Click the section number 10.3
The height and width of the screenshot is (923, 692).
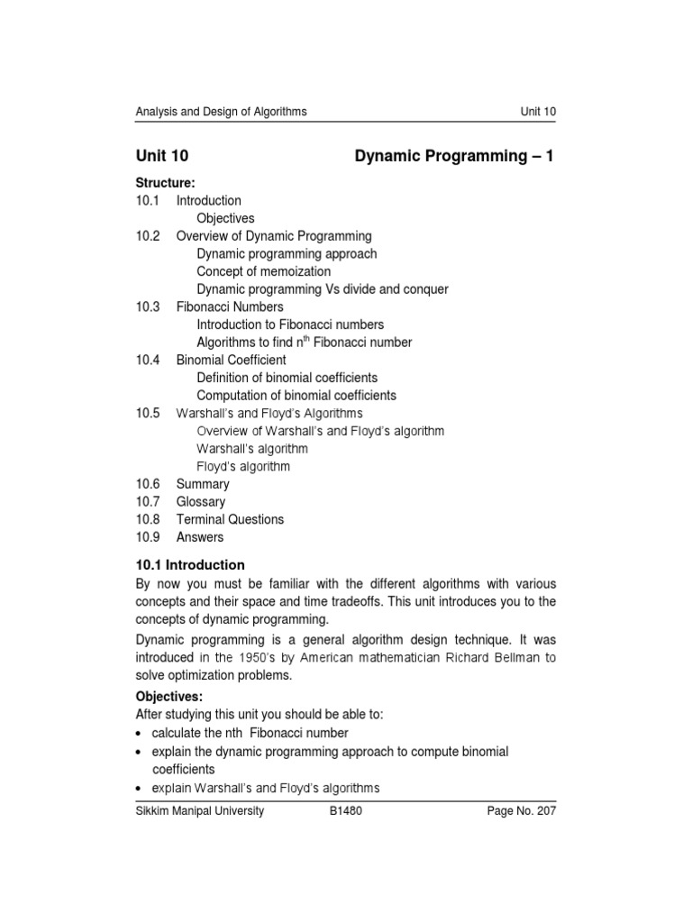pyautogui.click(x=148, y=307)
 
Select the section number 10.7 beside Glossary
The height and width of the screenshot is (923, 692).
pyautogui.click(x=148, y=502)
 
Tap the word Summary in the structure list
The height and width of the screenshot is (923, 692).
pyautogui.click(x=203, y=484)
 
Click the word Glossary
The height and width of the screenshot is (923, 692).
pyautogui.click(x=201, y=502)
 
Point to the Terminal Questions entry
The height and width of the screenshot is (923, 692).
pyautogui.click(x=230, y=519)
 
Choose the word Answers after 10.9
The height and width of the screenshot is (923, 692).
pyautogui.click(x=200, y=537)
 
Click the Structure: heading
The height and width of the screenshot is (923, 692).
pyautogui.click(x=166, y=183)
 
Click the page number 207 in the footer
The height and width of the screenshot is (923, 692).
pyautogui.click(x=545, y=811)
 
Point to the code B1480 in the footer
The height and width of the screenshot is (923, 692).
pyautogui.click(x=347, y=811)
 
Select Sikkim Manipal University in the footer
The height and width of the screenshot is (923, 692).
pyautogui.click(x=200, y=811)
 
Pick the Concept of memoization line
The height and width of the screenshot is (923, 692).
pyautogui.click(x=263, y=271)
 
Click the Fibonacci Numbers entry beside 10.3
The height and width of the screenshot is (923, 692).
pyautogui.click(x=229, y=307)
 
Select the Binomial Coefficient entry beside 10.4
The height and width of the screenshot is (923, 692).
pyautogui.click(x=231, y=361)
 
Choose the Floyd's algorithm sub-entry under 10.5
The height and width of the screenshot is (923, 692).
pyautogui.click(x=243, y=467)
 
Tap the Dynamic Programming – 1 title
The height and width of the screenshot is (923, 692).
pyautogui.click(x=455, y=156)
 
